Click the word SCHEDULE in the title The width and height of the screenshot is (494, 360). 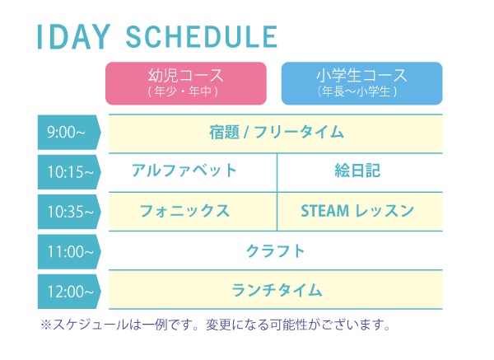[202, 36]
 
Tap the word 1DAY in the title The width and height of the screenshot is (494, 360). [74, 36]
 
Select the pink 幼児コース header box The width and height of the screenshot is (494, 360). [186, 83]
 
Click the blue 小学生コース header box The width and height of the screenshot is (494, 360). [361, 83]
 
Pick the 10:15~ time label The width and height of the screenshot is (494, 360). [69, 172]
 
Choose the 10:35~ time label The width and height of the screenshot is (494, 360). [69, 212]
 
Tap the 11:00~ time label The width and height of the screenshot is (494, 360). [69, 251]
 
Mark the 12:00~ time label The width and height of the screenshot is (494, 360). [69, 292]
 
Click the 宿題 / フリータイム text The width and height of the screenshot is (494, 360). [277, 132]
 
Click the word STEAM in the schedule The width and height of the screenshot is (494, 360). [325, 211]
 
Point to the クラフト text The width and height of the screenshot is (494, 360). [275, 251]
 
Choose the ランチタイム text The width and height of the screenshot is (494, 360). [277, 290]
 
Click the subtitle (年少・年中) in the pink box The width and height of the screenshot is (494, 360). [183, 91]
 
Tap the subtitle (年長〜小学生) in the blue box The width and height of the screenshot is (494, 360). [357, 91]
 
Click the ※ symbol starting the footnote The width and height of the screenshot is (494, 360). [46, 325]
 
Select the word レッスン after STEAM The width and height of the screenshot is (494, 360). [384, 211]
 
